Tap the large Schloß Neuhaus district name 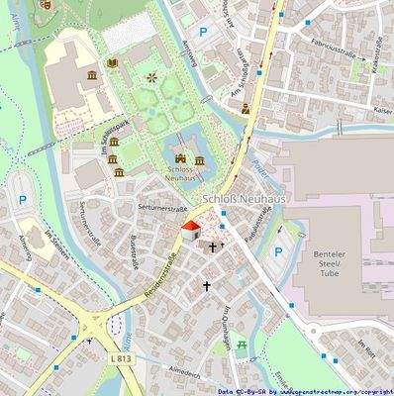(243, 199)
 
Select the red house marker (189, 231)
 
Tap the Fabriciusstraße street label (334, 43)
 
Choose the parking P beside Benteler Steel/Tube (277, 252)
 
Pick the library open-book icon (111, 62)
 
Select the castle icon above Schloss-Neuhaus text (179, 157)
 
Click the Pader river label (261, 170)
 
